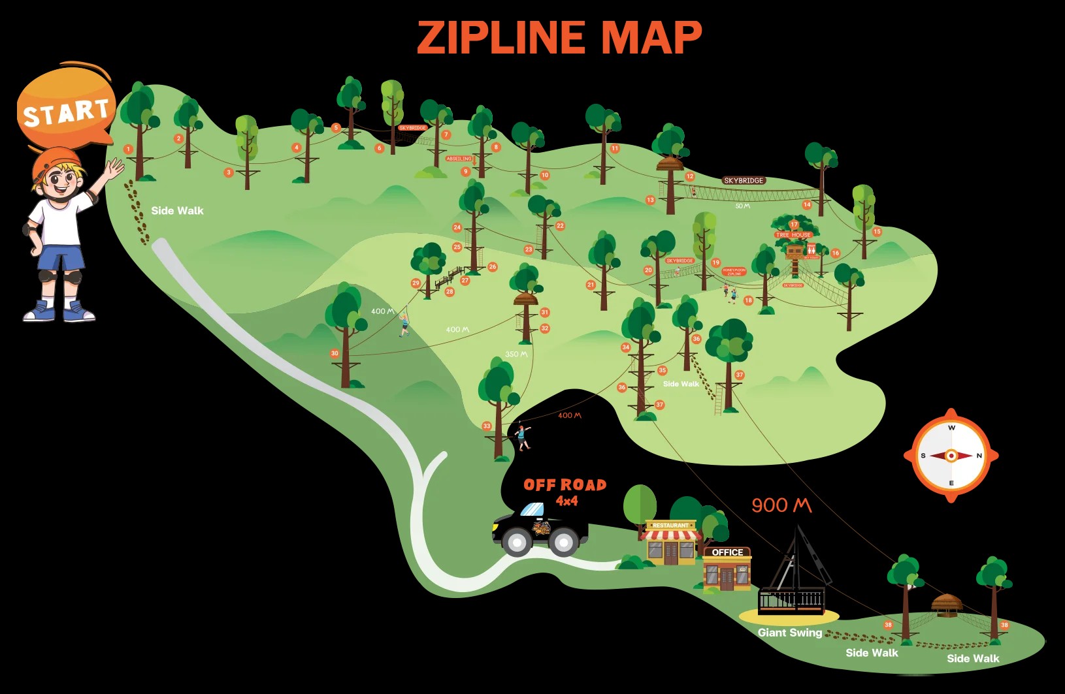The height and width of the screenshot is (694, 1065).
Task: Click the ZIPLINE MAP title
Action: pyautogui.click(x=559, y=37)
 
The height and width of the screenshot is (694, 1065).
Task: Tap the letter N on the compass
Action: pyautogui.click(x=979, y=456)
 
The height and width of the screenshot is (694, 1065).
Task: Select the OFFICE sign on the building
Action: pyautogui.click(x=727, y=552)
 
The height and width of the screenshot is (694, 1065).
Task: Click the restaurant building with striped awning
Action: pyautogui.click(x=670, y=543)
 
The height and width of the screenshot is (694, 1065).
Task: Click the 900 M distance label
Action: pyautogui.click(x=781, y=505)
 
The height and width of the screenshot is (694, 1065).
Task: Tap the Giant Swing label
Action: pyautogui.click(x=789, y=633)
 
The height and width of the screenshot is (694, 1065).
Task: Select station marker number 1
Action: pyautogui.click(x=128, y=150)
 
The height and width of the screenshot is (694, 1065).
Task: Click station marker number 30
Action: pyautogui.click(x=335, y=353)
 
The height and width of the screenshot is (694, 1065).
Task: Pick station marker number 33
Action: pyautogui.click(x=487, y=426)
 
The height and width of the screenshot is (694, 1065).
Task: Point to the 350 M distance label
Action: pyautogui.click(x=516, y=355)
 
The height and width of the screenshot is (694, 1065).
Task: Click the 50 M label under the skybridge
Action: pyautogui.click(x=742, y=206)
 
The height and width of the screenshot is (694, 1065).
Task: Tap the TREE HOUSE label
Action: pyautogui.click(x=793, y=235)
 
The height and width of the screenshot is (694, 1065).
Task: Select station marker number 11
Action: pyautogui.click(x=614, y=149)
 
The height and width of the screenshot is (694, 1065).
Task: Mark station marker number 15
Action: pyautogui.click(x=877, y=232)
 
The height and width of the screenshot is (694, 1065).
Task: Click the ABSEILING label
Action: pyautogui.click(x=459, y=159)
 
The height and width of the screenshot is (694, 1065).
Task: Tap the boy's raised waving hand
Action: pyautogui.click(x=115, y=168)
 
